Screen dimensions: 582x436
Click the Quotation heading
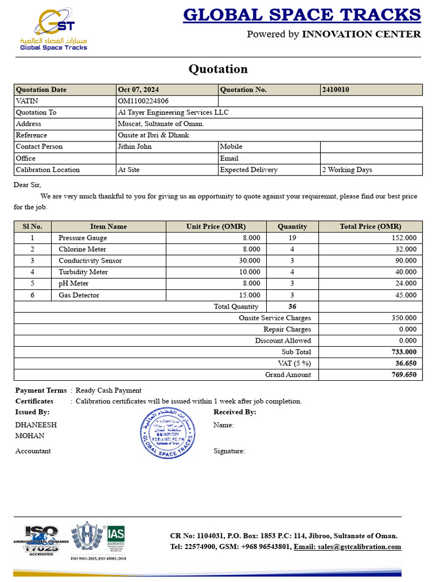pos(218,69)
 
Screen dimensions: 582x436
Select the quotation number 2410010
pos(336,90)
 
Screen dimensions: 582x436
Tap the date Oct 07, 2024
pos(138,90)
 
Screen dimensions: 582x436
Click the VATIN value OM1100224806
pos(143,101)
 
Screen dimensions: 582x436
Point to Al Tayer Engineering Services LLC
pos(173,113)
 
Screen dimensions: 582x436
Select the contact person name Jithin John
pos(135,147)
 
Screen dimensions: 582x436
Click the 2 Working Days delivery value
pos(347,170)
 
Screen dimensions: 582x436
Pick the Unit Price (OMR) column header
pos(216,226)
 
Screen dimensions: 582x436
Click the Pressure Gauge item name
pos(83,238)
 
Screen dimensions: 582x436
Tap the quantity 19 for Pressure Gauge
pos(292,238)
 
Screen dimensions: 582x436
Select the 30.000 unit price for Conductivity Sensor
pos(249,261)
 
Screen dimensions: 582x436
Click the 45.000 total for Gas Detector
pos(405,296)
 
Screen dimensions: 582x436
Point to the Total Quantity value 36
pos(292,307)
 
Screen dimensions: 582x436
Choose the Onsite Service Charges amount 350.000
pos(404,318)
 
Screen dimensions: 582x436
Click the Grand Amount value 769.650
pos(404,375)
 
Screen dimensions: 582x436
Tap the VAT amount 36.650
pos(405,364)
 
